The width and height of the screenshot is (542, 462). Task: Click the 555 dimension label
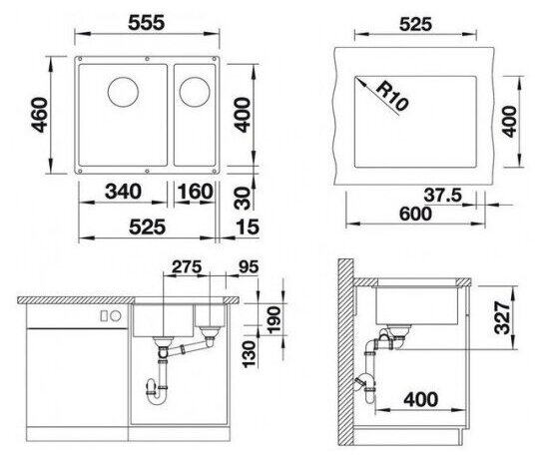pos(146,23)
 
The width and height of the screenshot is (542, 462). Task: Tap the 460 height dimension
pos(39,115)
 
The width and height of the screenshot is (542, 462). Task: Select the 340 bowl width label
pos(123,192)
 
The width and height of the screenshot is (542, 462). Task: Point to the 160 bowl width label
pos(195,192)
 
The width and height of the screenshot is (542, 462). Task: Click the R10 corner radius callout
pos(392,96)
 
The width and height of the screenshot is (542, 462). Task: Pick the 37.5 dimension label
pos(443,195)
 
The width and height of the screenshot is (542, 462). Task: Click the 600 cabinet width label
pos(415,214)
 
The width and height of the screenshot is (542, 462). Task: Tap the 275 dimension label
pos(187,266)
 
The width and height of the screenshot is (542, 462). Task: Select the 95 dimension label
pos(249,266)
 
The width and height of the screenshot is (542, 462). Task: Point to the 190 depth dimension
pos(273,319)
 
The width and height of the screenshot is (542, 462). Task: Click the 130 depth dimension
pos(249,354)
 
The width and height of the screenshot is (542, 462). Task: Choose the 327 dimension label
pos(502,317)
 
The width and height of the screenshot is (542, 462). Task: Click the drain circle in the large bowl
pos(123,92)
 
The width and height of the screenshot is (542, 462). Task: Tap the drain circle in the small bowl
pos(195,92)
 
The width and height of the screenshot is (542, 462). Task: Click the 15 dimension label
pos(248,228)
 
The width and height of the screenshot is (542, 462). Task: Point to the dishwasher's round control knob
pos(116,315)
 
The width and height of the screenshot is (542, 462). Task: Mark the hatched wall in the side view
pos(345,352)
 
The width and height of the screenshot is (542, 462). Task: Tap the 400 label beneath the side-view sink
pos(421,399)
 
